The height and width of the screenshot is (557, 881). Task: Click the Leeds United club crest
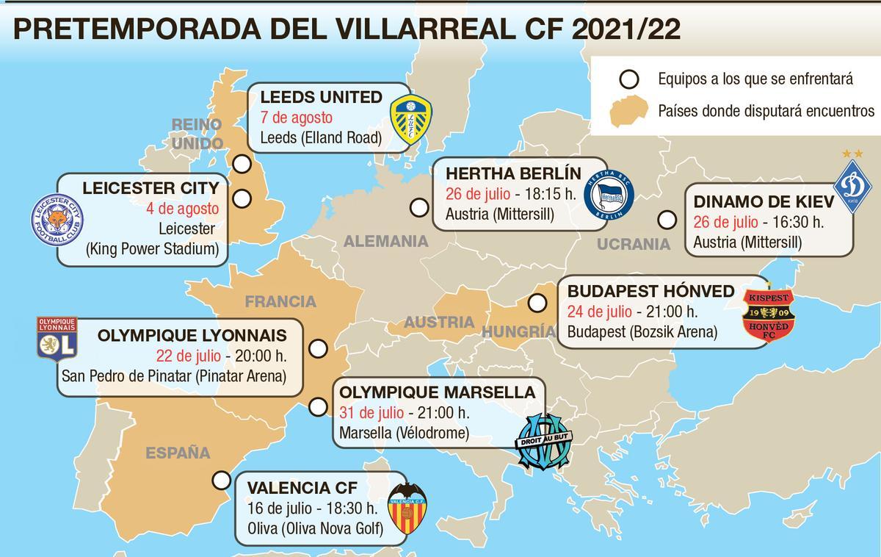[x=410, y=116]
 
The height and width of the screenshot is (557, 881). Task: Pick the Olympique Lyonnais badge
[x=57, y=339]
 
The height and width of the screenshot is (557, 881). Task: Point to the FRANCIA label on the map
[x=280, y=301]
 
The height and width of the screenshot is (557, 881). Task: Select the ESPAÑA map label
[x=178, y=453]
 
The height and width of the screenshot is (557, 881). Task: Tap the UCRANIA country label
[x=634, y=243]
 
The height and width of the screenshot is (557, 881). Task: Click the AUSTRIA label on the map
[x=439, y=322]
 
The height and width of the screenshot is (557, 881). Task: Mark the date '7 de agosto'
[x=297, y=118]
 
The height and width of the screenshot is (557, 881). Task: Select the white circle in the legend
[x=628, y=79]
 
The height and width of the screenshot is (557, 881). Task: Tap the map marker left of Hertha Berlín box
[x=419, y=208]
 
